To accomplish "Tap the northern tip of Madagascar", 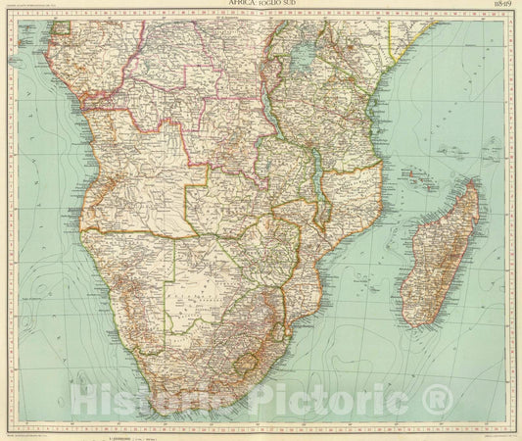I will tap(474, 180).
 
